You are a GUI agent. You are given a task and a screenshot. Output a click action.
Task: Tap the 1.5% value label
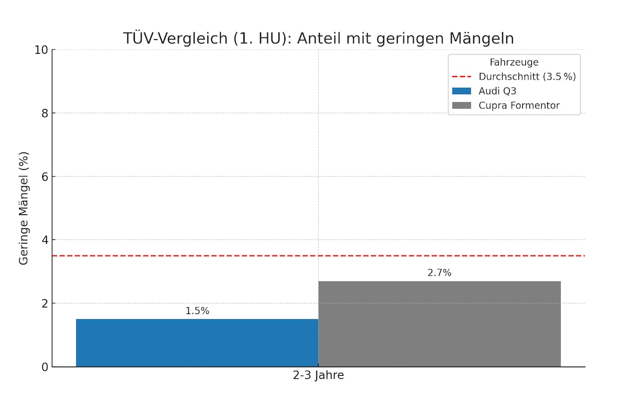pyautogui.click(x=197, y=311)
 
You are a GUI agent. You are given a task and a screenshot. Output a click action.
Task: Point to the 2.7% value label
pyautogui.click(x=439, y=273)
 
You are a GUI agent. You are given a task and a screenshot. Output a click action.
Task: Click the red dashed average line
pyautogui.click(x=184, y=255)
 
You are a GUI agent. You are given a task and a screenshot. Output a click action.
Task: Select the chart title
pyautogui.click(x=318, y=39)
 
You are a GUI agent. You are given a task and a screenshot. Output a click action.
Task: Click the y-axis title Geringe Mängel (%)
pyautogui.click(x=24, y=208)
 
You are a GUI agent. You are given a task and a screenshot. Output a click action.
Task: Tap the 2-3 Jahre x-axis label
pyautogui.click(x=318, y=376)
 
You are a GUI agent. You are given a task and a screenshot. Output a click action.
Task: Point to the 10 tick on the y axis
pyautogui.click(x=41, y=50)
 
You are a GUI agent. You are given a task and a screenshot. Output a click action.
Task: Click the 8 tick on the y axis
pyautogui.click(x=44, y=113)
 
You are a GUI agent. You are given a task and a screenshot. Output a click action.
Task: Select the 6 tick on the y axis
pyautogui.click(x=44, y=176)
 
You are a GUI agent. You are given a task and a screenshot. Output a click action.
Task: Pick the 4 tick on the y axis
pyautogui.click(x=44, y=240)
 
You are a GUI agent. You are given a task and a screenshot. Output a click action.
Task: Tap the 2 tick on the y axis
pyautogui.click(x=44, y=304)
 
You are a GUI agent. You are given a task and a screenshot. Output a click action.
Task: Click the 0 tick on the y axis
pyautogui.click(x=44, y=367)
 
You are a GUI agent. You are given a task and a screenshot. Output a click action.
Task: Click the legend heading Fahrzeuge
pyautogui.click(x=514, y=62)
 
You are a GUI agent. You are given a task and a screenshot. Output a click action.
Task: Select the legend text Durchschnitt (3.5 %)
pyautogui.click(x=526, y=77)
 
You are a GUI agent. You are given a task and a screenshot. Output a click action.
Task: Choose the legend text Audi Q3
pyautogui.click(x=497, y=91)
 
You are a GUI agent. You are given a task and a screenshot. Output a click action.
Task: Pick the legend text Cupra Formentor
pyautogui.click(x=518, y=105)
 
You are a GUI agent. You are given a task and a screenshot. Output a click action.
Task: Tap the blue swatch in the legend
pyautogui.click(x=461, y=91)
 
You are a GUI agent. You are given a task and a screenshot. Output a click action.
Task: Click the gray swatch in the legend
pyautogui.click(x=461, y=105)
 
